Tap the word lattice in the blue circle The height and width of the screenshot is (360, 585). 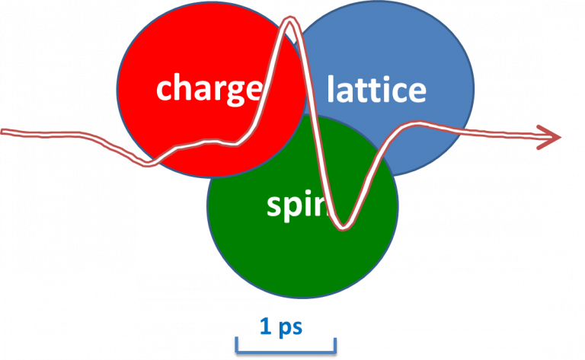pyautogui.click(x=376, y=90)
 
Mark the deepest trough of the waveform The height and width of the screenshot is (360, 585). pyautogui.click(x=344, y=226)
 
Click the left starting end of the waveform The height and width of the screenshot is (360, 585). pyautogui.click(x=5, y=132)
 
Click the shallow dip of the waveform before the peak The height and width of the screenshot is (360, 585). pyautogui.click(x=149, y=162)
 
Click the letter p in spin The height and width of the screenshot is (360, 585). pyautogui.click(x=292, y=207)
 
